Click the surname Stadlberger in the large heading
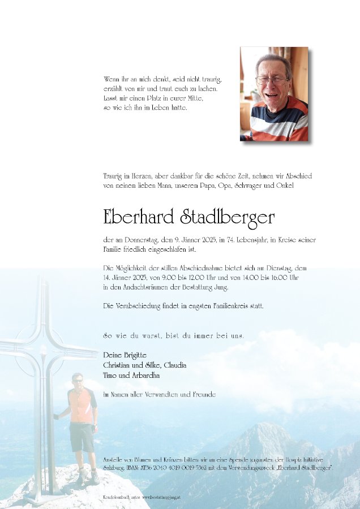click(228, 217)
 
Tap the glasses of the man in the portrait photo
click(271, 80)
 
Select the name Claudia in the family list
click(174, 365)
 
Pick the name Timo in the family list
click(111, 376)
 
